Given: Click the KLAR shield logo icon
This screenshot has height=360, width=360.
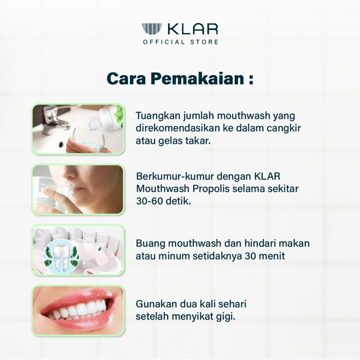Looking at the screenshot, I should (x=152, y=29).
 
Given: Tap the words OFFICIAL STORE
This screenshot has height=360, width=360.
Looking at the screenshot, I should (x=180, y=42).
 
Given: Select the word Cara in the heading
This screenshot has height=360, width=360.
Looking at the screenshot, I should (x=126, y=79).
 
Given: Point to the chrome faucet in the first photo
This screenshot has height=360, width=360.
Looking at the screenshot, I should (x=56, y=118).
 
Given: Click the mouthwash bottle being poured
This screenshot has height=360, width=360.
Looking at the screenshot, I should (x=109, y=116).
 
